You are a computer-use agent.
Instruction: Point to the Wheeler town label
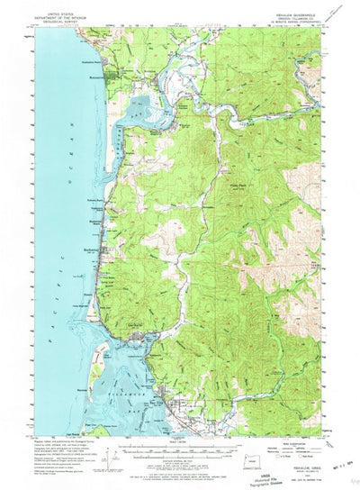(184, 127)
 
